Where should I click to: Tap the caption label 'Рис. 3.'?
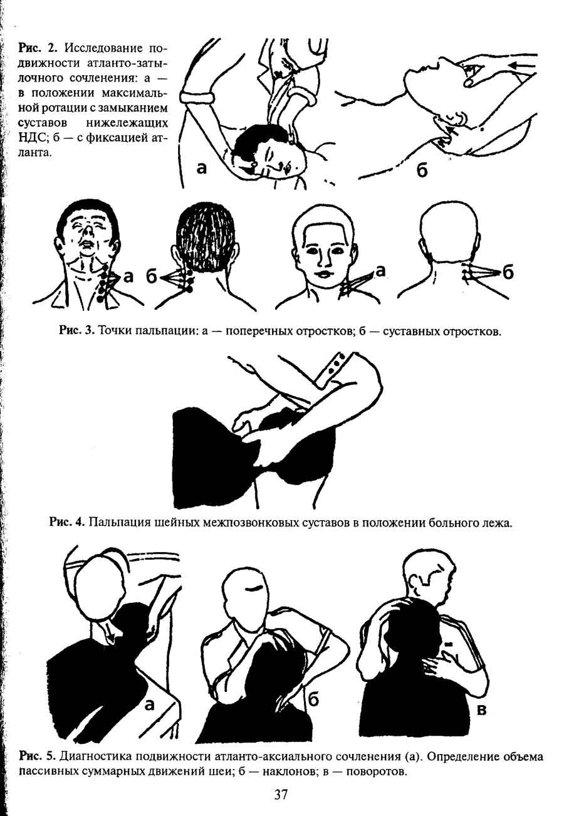(77, 331)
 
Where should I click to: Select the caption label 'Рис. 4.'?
(66, 523)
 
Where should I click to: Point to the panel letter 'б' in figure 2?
(422, 169)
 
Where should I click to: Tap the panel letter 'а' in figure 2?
(201, 167)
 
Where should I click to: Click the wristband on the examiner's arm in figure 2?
(197, 98)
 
